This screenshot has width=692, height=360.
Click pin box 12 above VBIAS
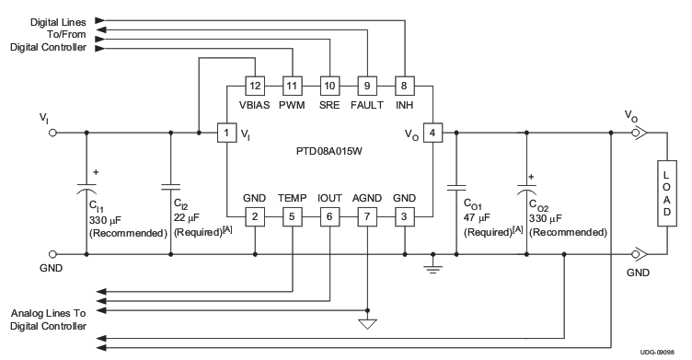tap(255, 86)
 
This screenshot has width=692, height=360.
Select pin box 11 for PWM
tap(292, 86)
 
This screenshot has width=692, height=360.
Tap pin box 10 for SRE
tap(329, 86)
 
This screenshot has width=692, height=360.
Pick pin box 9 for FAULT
tap(365, 86)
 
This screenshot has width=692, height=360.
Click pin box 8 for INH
tap(403, 86)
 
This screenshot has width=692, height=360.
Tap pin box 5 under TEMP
tap(292, 216)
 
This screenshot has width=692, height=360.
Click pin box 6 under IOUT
tap(329, 216)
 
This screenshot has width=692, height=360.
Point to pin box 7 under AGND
tap(366, 216)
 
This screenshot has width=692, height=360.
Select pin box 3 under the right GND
tap(403, 216)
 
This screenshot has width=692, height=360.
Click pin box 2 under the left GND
tap(255, 216)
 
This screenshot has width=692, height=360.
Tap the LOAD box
tap(667, 193)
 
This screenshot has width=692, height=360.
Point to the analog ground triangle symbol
tap(366, 324)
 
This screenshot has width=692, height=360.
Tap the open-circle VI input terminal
tap(52, 134)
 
